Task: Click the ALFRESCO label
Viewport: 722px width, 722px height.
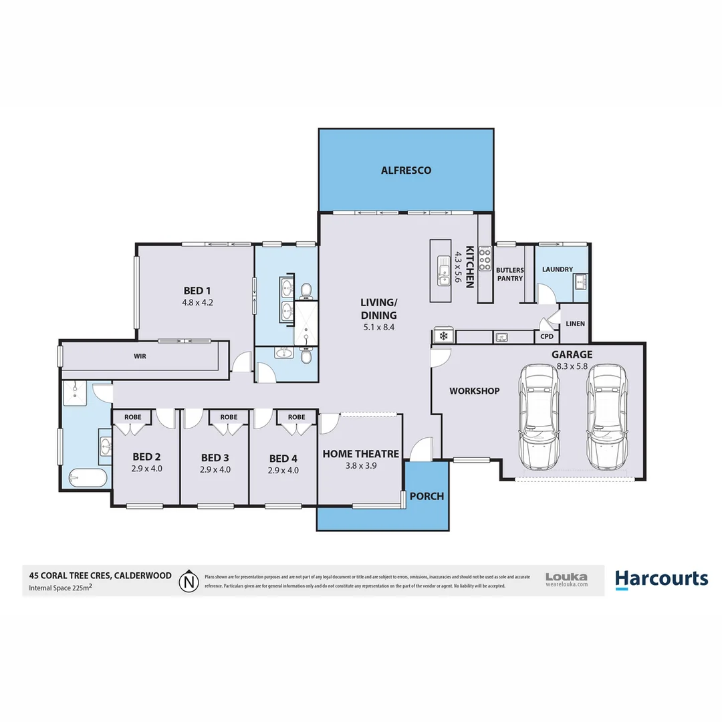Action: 406,170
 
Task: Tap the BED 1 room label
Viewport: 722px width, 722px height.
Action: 197,291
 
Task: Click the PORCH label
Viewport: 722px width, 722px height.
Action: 427,497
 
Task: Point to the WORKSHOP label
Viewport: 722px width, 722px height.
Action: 474,391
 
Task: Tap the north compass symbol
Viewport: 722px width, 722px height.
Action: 191,580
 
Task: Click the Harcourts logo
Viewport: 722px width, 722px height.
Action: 661,579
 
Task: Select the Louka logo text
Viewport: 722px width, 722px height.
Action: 566,576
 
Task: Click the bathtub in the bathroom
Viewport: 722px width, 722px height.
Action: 88,478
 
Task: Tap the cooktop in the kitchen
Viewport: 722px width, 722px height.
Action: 485,259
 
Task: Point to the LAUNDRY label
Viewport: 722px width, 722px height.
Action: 557,269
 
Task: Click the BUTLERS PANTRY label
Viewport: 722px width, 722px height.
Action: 510,274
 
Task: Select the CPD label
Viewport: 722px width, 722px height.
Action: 547,336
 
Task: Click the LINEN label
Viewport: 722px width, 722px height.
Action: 575,324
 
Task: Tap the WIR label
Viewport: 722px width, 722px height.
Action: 140,356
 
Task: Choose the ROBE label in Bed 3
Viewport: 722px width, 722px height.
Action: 229,417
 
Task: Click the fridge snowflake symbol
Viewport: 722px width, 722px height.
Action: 443,336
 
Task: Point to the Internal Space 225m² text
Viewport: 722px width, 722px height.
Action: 60,588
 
